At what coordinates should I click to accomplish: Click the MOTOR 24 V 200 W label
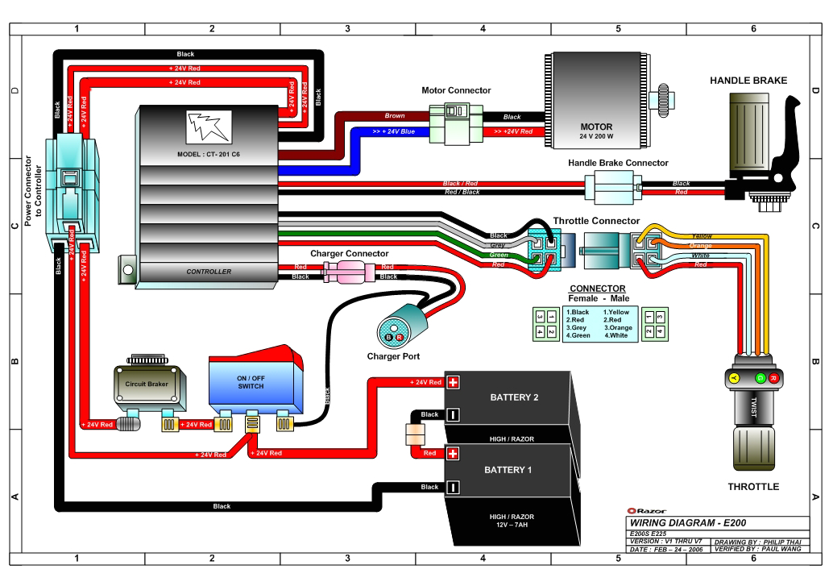[596, 131]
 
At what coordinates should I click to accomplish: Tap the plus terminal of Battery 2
[453, 382]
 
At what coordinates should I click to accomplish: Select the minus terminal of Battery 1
[453, 487]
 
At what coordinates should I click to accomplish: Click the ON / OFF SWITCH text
[251, 382]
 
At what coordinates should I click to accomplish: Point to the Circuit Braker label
[147, 384]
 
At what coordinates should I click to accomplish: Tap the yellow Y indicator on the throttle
[734, 377]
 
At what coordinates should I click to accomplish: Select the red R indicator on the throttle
[773, 377]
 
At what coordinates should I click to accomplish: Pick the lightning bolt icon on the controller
[209, 127]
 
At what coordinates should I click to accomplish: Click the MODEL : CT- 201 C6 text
[209, 154]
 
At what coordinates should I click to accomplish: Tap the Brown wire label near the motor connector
[395, 116]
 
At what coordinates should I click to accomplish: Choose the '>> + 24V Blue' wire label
[394, 131]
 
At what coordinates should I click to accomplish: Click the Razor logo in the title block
[645, 510]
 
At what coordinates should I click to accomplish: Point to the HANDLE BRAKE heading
[748, 81]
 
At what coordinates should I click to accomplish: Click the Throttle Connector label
[596, 221]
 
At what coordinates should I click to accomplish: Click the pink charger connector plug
[350, 272]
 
